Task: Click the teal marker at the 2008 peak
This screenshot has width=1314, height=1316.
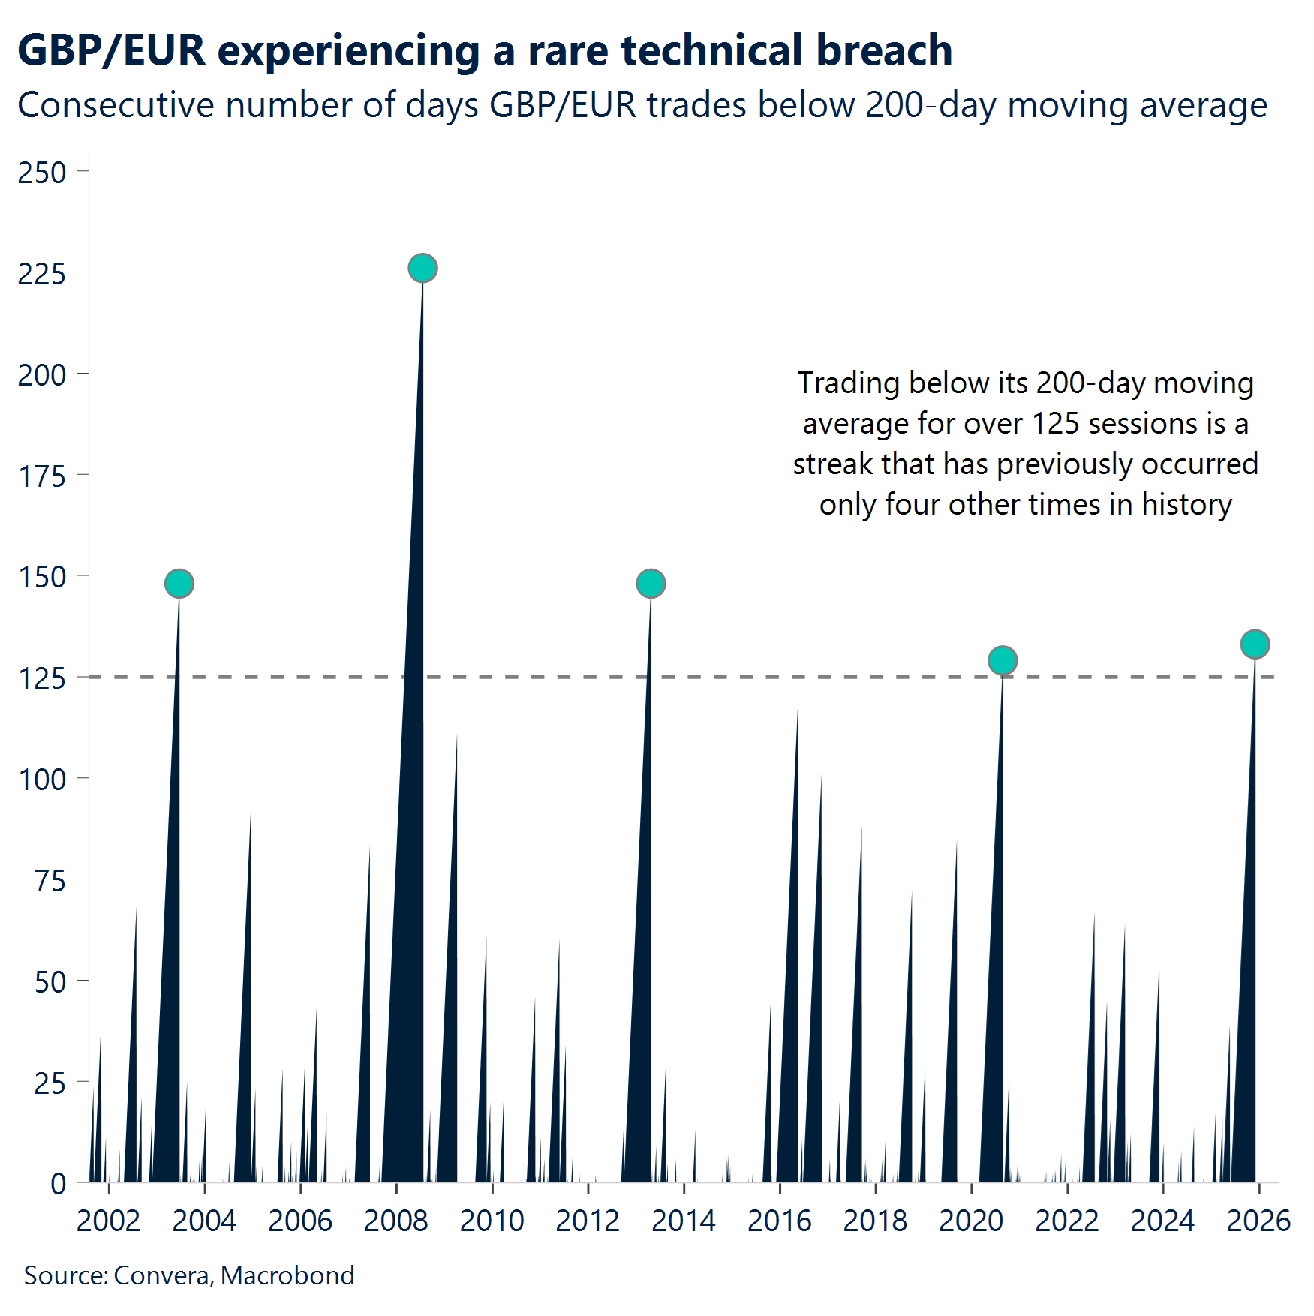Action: pyautogui.click(x=422, y=268)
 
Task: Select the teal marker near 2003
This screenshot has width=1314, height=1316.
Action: pyautogui.click(x=179, y=583)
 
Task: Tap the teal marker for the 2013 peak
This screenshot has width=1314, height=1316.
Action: pyautogui.click(x=651, y=583)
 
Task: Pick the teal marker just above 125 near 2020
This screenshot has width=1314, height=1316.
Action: pyautogui.click(x=1003, y=660)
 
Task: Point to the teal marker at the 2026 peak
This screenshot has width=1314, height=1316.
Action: pyautogui.click(x=1255, y=644)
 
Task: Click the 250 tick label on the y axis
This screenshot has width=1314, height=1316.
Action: pyautogui.click(x=42, y=173)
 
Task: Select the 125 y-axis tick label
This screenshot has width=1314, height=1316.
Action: pyautogui.click(x=42, y=678)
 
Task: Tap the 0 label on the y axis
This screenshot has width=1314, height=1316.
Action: pyautogui.click(x=58, y=1184)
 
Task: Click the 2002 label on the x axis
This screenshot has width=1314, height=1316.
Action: pyautogui.click(x=108, y=1221)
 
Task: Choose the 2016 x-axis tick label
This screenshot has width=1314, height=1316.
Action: pyautogui.click(x=779, y=1221)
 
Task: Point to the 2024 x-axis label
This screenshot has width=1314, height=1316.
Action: pyautogui.click(x=1162, y=1221)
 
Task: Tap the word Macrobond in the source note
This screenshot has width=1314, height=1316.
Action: pyautogui.click(x=287, y=1275)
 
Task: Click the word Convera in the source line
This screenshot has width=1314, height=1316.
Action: pyautogui.click(x=161, y=1275)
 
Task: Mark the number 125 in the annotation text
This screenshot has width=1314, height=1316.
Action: pyautogui.click(x=1055, y=424)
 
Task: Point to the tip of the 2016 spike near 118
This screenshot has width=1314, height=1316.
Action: pyautogui.click(x=798, y=704)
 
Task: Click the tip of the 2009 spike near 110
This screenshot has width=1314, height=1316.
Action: pyautogui.click(x=457, y=735)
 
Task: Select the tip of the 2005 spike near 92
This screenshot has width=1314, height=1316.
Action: pyautogui.click(x=251, y=807)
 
